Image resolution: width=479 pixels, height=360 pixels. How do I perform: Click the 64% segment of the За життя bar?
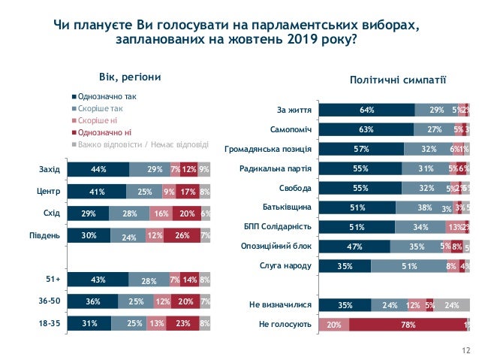366,110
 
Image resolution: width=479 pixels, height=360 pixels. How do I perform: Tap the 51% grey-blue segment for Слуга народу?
410,265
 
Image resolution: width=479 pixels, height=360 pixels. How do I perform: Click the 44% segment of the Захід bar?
98,169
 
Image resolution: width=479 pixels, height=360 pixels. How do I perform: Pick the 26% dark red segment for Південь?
182,236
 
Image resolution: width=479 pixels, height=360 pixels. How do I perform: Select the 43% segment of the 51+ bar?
98,280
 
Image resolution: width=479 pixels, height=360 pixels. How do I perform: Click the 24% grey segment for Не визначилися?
451,305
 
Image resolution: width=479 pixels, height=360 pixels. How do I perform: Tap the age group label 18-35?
50,324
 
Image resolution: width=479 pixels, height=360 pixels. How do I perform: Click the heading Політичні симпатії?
398,79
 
